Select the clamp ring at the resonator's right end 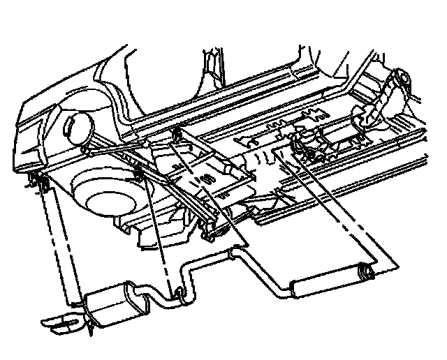pos(365,270)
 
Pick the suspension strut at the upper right pos(388,98)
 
